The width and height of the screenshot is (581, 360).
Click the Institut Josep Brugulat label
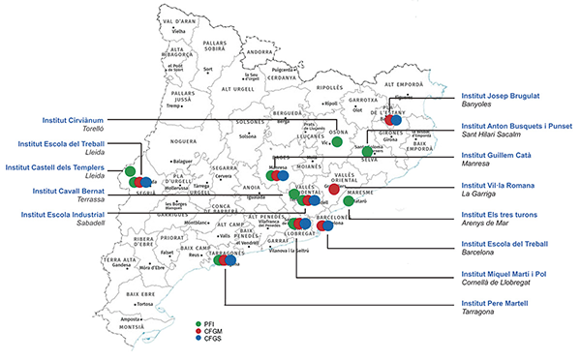click(499, 98)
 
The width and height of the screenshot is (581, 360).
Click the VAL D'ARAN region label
click(178, 20)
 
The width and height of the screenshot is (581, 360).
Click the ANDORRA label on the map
click(260, 51)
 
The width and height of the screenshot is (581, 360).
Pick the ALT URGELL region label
click(238, 88)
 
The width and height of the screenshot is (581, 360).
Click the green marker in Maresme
click(349, 200)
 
